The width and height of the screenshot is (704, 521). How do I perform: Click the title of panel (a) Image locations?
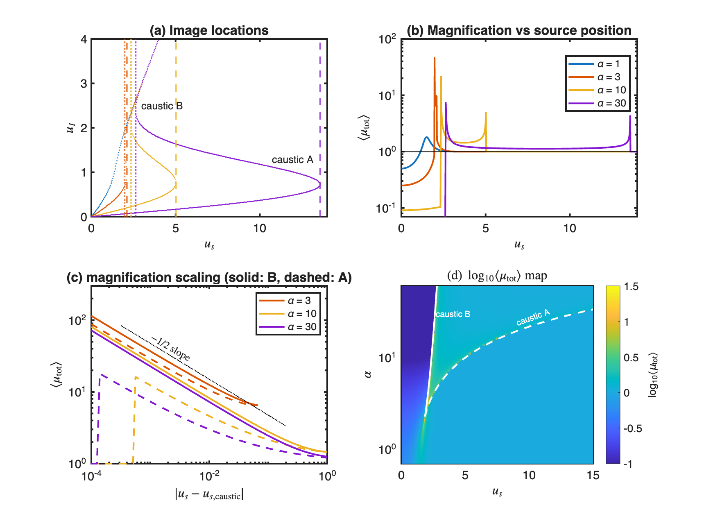(209, 30)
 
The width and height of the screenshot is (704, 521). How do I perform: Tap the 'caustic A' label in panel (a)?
(292, 160)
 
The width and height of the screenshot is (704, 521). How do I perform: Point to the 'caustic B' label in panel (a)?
(162, 106)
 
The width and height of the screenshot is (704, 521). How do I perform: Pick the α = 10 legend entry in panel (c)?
(288, 314)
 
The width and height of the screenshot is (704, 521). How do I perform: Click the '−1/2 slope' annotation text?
(171, 349)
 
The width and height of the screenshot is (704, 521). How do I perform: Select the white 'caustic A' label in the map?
(533, 318)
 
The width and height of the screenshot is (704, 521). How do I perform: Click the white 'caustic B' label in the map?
(453, 314)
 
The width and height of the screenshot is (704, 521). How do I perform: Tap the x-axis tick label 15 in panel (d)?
(593, 475)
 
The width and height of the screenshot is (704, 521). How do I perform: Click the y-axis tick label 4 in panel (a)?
(84, 39)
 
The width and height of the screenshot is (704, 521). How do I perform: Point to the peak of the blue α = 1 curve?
(426, 137)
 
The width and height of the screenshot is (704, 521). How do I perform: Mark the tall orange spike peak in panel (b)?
(435, 58)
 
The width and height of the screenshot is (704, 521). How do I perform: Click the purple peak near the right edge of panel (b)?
(630, 116)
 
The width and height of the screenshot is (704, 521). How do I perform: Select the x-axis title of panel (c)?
(209, 494)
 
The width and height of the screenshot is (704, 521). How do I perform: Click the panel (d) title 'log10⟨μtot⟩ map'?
(497, 276)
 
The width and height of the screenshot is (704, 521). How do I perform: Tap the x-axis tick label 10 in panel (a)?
(260, 228)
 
